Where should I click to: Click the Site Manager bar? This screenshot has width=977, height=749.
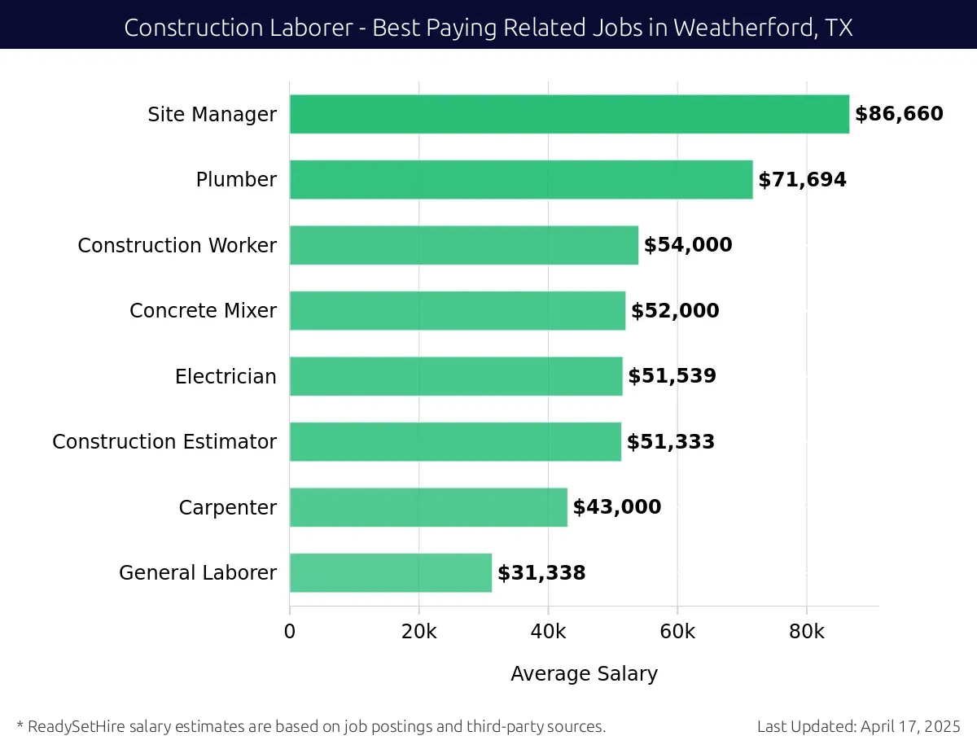569,114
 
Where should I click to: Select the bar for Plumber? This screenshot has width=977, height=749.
521,179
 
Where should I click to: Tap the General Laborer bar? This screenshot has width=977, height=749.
391,573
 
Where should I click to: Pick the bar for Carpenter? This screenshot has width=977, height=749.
428,507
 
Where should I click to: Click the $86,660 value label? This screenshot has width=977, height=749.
899,114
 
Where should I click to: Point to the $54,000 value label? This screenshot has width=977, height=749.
688,245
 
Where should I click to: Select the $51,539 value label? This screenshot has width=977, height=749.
672,376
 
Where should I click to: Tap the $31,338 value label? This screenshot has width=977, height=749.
541,573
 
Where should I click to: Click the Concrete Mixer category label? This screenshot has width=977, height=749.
203,311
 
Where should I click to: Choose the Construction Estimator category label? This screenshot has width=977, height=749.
164,442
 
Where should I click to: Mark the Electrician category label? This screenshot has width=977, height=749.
226,376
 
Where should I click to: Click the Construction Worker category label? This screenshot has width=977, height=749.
177,245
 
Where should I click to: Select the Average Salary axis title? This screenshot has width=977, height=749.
584,674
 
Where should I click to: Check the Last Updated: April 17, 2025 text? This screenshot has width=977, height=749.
858,726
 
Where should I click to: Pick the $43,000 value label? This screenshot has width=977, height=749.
616,507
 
